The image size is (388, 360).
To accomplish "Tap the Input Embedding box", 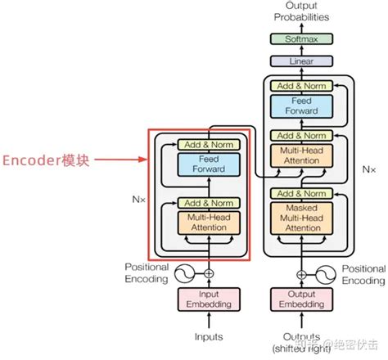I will click(208, 299).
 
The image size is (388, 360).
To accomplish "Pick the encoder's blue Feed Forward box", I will click(208, 165).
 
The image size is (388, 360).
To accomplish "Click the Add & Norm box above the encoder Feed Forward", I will click(208, 145).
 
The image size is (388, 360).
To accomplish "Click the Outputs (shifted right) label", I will click(301, 342).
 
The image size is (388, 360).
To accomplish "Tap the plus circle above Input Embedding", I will click(208, 273).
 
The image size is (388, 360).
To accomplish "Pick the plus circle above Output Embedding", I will click(301, 273).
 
